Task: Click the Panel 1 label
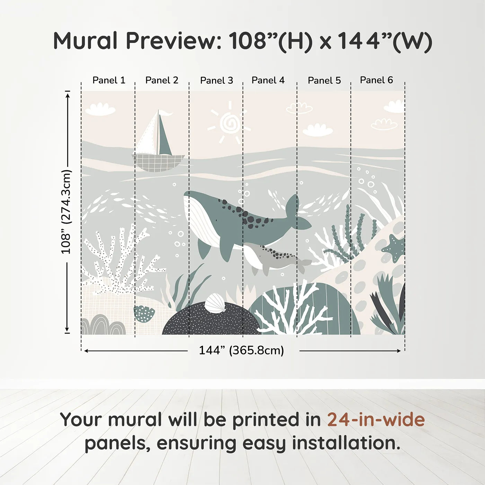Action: [109, 80]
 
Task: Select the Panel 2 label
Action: [162, 80]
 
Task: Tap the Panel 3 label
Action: [217, 81]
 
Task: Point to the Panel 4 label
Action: [268, 80]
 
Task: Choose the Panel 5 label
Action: [324, 81]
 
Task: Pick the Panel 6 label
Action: [376, 80]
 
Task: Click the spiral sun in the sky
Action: [229, 123]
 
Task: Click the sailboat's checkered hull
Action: [158, 162]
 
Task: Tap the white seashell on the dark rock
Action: [215, 303]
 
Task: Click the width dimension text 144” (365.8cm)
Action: [241, 351]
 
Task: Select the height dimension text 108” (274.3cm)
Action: [66, 212]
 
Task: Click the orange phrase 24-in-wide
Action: [376, 420]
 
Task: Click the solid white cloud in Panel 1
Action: [100, 109]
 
